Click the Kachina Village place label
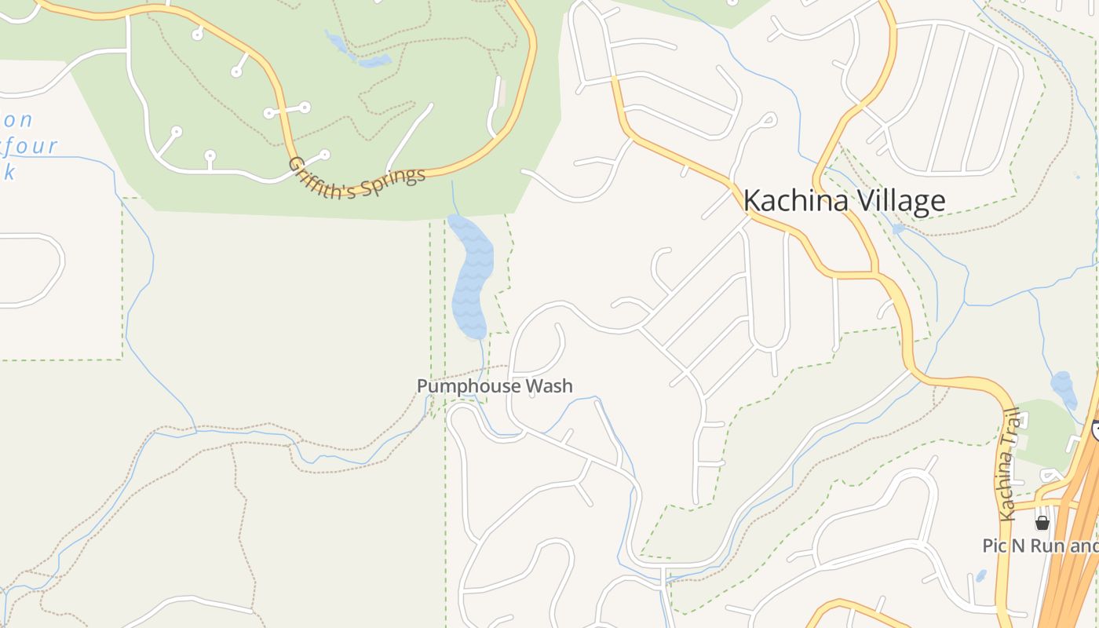844,201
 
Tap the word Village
900,201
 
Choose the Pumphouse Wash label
495,386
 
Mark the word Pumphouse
468,386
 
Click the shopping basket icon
1042,523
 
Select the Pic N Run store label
1040,546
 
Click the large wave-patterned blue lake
471,275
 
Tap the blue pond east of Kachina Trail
1064,388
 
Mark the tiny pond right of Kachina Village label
898,228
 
